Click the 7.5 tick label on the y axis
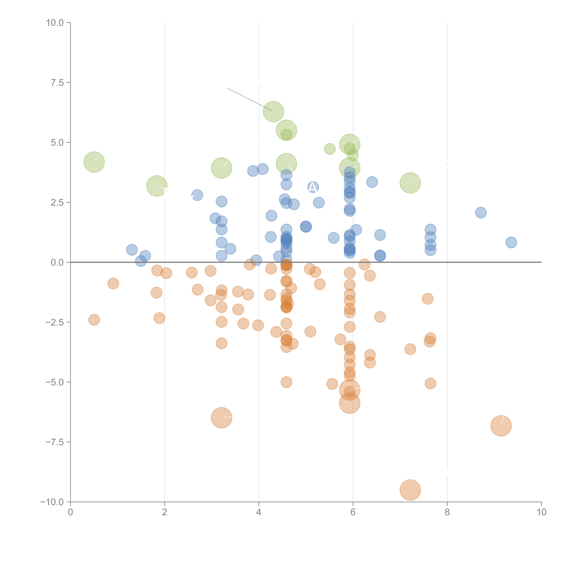57,83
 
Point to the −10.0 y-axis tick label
52,502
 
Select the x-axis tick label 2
165,512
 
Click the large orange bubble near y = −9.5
410,490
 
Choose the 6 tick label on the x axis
353,512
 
